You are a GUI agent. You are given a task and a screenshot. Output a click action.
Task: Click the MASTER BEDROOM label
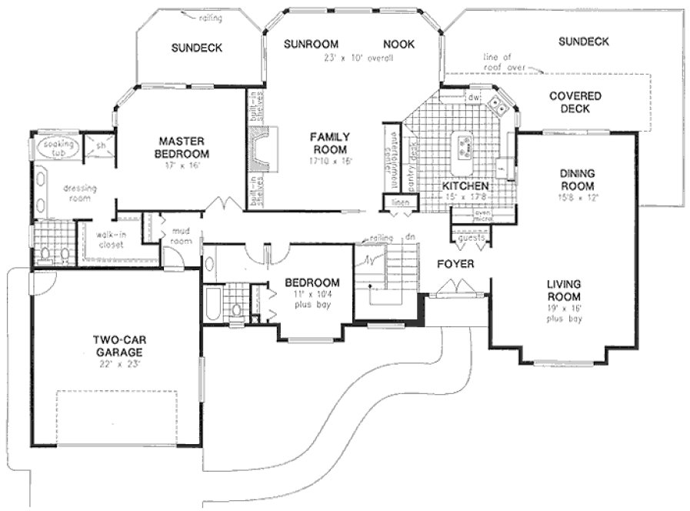(x=181, y=147)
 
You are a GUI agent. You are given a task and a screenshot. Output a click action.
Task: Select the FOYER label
(x=455, y=264)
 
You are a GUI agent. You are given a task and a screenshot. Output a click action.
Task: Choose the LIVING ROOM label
(x=564, y=290)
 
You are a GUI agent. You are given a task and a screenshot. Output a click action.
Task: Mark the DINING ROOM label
(x=577, y=180)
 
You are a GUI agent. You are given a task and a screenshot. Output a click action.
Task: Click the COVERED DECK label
(x=575, y=102)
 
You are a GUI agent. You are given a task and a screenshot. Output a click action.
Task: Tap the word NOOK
(x=398, y=44)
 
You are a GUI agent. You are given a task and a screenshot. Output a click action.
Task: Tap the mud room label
(x=181, y=235)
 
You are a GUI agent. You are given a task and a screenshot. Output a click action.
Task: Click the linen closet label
(x=401, y=202)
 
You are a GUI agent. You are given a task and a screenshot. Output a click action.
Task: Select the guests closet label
(x=470, y=239)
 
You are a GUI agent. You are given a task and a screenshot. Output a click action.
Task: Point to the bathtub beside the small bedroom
(x=212, y=304)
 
